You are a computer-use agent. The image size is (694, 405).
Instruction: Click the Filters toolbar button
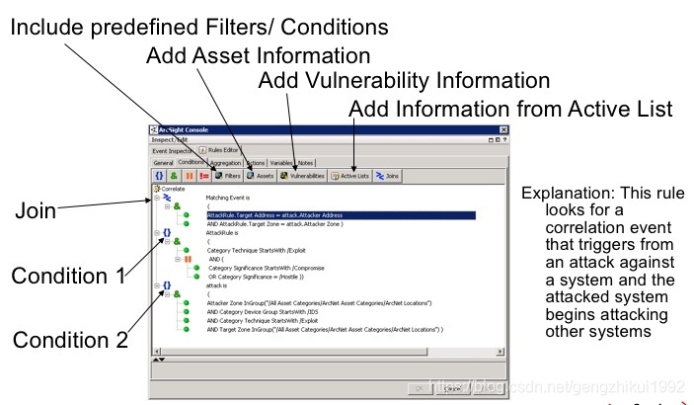pyautogui.click(x=228, y=175)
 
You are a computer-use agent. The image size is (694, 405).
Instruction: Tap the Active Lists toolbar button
pyautogui.click(x=350, y=175)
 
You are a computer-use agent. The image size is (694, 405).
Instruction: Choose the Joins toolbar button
pyautogui.click(x=387, y=175)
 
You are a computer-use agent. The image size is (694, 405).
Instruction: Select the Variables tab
pyautogui.click(x=281, y=162)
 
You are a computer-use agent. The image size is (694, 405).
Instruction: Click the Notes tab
pyautogui.click(x=306, y=162)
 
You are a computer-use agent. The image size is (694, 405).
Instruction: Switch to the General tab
pyautogui.click(x=163, y=162)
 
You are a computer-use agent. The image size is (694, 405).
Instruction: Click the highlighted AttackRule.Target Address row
pyautogui.click(x=273, y=214)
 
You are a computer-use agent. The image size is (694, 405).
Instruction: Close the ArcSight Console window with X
pyautogui.click(x=502, y=130)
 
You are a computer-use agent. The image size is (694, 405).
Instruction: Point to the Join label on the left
pyautogui.click(x=36, y=210)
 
